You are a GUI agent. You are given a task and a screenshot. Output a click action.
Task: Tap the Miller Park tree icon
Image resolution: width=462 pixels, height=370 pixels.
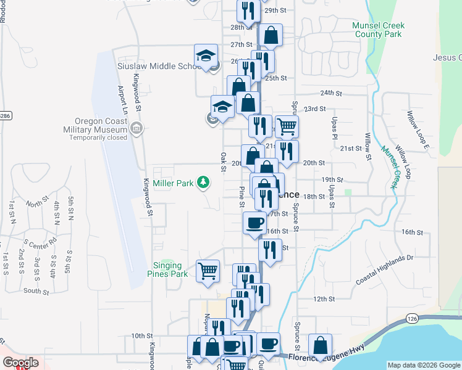(x=202, y=182)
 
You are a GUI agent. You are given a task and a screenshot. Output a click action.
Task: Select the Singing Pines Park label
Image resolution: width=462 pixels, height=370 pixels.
(x=170, y=269)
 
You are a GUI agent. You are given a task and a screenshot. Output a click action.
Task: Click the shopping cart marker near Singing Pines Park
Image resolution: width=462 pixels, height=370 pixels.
(x=208, y=269)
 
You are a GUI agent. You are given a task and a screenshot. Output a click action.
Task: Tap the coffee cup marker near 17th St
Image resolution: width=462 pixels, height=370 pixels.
(x=254, y=222)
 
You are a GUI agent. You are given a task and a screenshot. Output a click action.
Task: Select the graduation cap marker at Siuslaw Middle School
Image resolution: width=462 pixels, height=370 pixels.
(x=206, y=56)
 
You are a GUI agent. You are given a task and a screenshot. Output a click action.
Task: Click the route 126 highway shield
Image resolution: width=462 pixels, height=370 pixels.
(x=413, y=318)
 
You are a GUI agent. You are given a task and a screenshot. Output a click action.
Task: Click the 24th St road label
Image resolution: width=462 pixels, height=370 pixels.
(x=331, y=93)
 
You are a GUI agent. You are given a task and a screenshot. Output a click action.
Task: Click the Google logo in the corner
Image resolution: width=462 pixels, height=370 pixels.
(x=20, y=363)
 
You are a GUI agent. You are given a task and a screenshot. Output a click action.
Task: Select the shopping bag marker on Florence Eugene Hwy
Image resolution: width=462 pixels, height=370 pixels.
(x=320, y=345)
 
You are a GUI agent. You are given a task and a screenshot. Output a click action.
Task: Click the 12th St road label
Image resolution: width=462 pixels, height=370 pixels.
(x=324, y=299)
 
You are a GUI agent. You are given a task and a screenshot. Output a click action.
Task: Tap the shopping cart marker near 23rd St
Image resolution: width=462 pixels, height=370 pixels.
(x=287, y=126)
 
